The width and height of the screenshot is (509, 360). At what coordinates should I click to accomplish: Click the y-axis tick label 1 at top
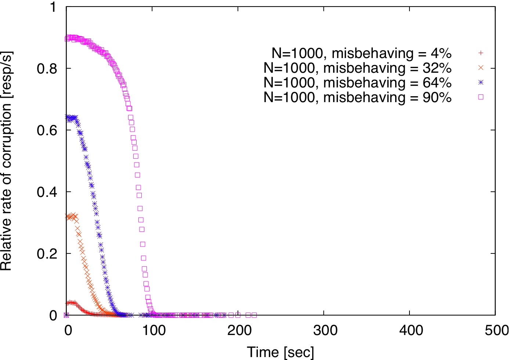[x=54, y=7]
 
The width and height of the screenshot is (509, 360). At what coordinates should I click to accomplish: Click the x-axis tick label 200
[x=239, y=331]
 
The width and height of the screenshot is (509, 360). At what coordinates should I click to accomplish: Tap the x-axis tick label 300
[x=325, y=331]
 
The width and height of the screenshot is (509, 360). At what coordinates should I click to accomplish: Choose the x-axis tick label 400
[x=411, y=331]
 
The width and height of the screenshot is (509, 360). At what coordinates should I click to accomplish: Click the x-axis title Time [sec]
[x=281, y=352]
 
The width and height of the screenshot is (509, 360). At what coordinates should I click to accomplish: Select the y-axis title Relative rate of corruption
[x=7, y=161]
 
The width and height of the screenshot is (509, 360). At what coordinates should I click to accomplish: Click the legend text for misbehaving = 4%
[x=361, y=54]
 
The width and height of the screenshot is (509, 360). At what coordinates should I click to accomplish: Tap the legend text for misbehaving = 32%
[x=357, y=68]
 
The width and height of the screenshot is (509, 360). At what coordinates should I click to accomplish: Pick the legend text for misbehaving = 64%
[x=357, y=83]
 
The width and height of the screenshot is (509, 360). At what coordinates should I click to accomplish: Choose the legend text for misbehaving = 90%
[x=357, y=98]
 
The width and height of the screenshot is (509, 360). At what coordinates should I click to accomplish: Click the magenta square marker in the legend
[x=481, y=97]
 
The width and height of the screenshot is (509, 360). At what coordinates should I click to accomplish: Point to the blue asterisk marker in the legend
[x=481, y=83]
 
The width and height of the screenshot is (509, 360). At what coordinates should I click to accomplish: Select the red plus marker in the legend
[x=481, y=53]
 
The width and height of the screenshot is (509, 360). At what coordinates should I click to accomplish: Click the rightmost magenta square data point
[x=254, y=315]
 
